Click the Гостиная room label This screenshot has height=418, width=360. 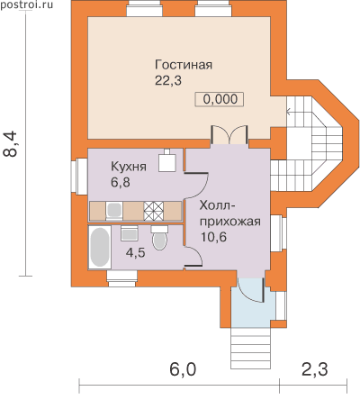coord(184,65)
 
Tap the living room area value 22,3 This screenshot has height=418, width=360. coord(168,81)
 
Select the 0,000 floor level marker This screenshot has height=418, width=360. coord(220,99)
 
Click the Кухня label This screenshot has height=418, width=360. coord(129,167)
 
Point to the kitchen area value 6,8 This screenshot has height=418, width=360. coord(121,182)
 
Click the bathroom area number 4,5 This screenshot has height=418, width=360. coord(136,253)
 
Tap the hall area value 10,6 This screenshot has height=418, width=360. coord(213,237)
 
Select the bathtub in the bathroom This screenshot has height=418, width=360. coord(100,248)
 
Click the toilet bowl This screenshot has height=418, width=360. coord(159,238)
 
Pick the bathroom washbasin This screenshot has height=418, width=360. coord(130,233)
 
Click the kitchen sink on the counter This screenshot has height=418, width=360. coord(114,210)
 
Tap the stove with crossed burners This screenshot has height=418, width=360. coord(154,211)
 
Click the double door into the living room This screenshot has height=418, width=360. coord(229,135)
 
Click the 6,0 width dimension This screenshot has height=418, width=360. coord(183,369)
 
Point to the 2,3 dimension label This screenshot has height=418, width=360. coord(314,369)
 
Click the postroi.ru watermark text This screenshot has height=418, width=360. coord(26,5)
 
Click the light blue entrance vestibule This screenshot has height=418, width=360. coord(253,307)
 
